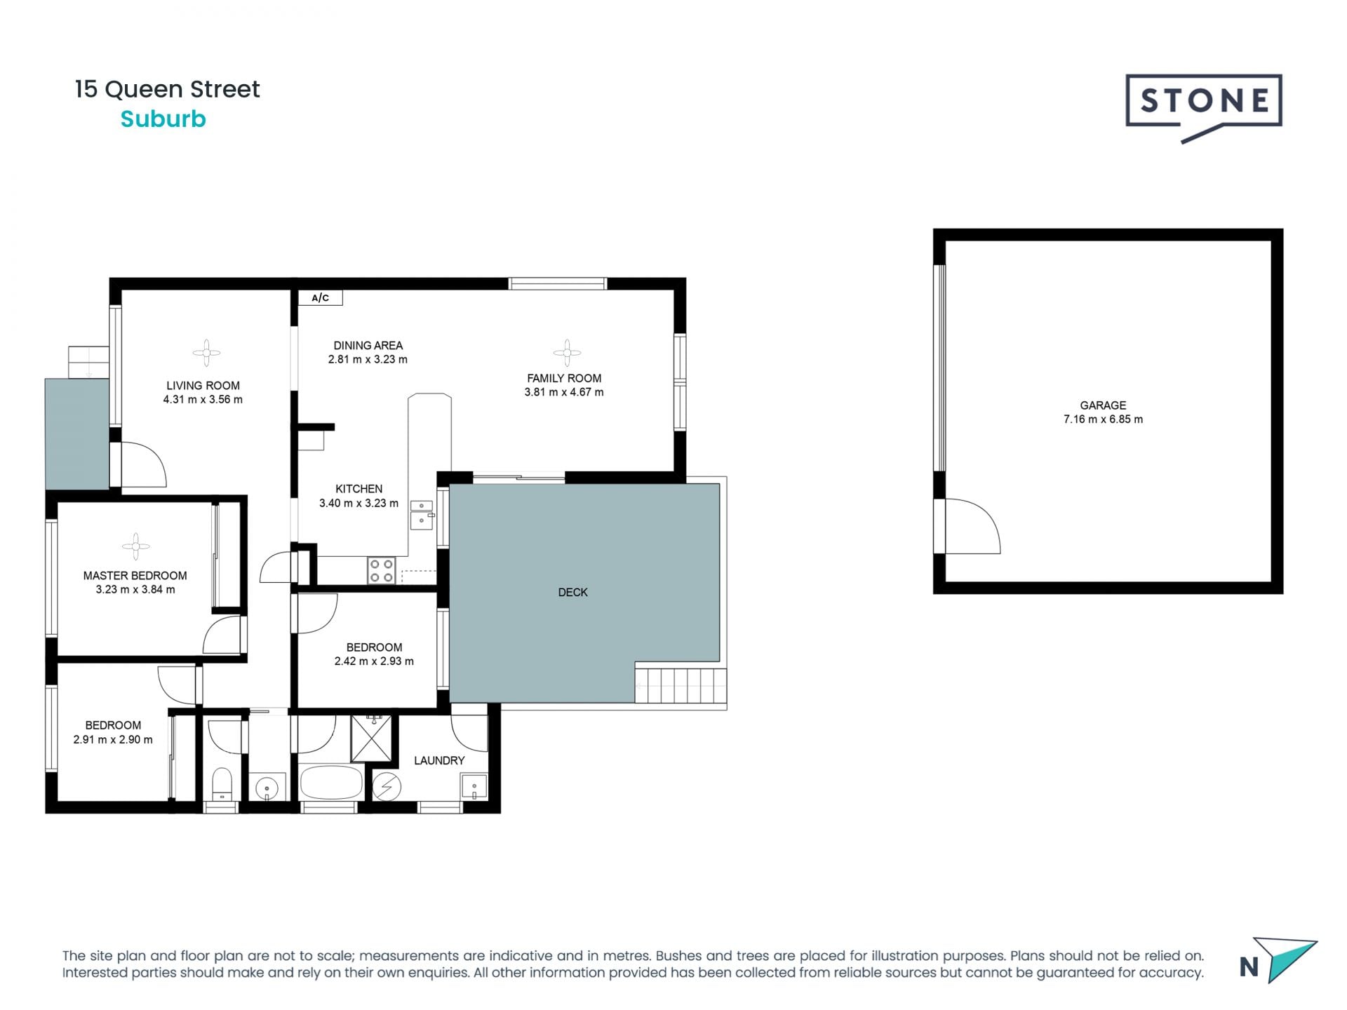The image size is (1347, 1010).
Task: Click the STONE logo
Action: point(1204,105)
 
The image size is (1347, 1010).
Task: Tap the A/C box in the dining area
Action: point(321,298)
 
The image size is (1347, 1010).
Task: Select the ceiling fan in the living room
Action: point(206,353)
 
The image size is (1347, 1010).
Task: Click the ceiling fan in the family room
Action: point(567,353)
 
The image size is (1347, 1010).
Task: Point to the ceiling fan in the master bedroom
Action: point(136,546)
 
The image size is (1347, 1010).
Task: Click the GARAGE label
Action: point(1103,405)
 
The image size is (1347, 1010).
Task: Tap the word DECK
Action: point(572,593)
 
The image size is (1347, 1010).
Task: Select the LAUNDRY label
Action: point(439,760)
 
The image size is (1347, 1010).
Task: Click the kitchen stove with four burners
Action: point(381,570)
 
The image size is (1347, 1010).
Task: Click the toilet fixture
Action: point(222,784)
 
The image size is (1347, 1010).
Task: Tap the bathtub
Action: point(330,783)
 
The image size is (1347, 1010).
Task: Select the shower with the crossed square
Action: point(372,739)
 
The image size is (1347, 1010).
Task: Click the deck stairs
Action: point(681,686)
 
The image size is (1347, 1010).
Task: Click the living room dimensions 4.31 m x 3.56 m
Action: point(203,400)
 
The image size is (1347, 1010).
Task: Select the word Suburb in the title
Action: point(163,119)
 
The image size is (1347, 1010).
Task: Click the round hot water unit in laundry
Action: point(386,787)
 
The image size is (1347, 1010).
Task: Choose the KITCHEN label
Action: point(358,489)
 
